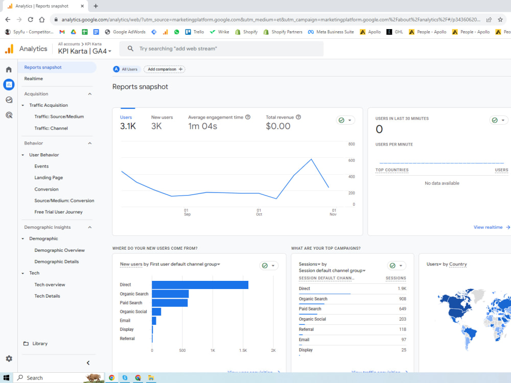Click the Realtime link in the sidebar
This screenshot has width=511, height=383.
(x=33, y=79)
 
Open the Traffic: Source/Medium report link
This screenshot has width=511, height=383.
(x=59, y=116)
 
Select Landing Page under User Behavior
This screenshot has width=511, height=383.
(x=49, y=178)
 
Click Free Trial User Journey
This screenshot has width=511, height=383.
(x=58, y=212)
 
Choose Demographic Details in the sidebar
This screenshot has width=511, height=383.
(x=56, y=261)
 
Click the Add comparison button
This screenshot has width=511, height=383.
(x=165, y=69)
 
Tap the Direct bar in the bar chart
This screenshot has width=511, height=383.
(x=200, y=285)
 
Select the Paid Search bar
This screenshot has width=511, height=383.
(x=170, y=303)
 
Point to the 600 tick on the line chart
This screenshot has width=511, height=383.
(x=352, y=160)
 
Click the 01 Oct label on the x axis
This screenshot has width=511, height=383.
(x=259, y=212)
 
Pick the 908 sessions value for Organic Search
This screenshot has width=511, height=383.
(x=403, y=299)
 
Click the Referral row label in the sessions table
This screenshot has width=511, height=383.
(x=306, y=329)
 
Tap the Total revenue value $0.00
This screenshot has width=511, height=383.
(x=278, y=126)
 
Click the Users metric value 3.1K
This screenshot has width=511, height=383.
(x=128, y=126)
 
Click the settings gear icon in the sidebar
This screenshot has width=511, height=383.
(x=9, y=358)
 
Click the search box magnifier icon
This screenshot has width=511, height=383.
(x=130, y=49)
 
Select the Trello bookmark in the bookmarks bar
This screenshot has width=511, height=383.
(x=195, y=32)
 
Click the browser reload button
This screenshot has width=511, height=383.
(x=30, y=19)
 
